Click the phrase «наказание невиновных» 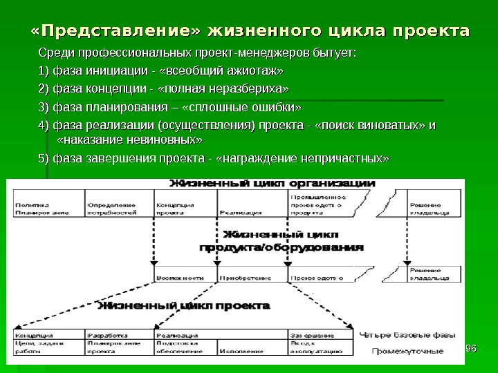[128, 140]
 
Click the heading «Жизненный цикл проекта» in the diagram [183, 305]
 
